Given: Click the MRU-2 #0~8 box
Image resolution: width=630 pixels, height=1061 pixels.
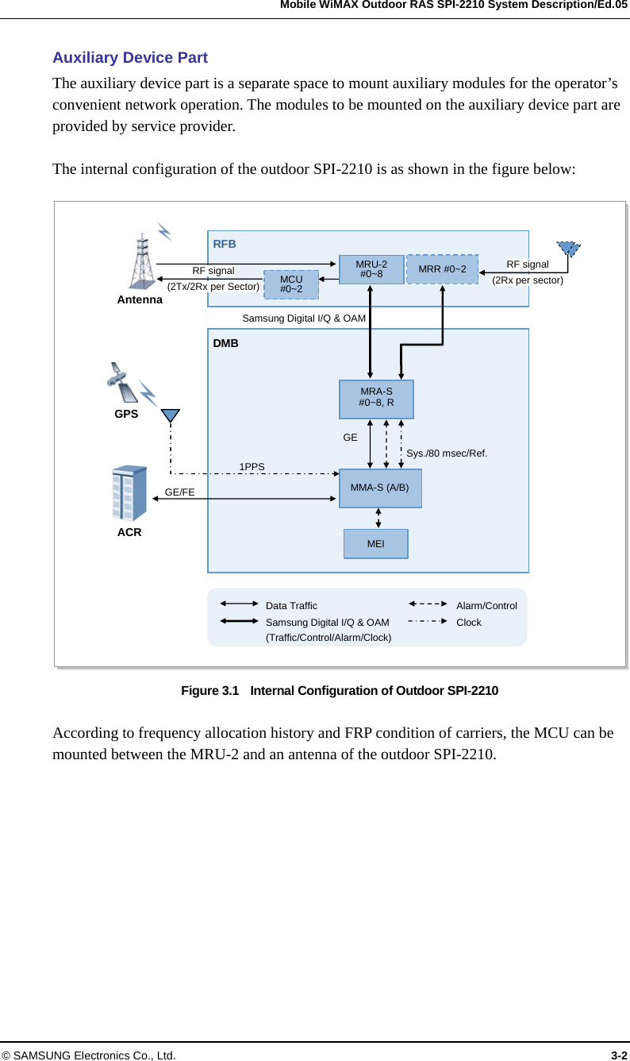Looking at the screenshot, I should [371, 269].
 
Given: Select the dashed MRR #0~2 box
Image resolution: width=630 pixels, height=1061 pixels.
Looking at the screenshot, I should [442, 269].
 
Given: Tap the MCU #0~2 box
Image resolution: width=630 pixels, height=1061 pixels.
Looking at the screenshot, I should [291, 284].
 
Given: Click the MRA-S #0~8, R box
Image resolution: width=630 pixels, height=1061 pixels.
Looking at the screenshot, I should [376, 399].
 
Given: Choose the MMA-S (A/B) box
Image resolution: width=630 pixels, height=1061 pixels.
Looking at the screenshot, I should [380, 488].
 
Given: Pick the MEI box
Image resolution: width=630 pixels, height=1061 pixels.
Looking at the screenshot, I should [375, 544].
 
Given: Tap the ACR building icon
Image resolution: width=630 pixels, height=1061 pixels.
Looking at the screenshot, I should [129, 493].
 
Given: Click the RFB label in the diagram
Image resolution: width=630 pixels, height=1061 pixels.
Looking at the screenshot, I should [225, 244].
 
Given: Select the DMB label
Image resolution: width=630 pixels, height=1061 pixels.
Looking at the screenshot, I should [225, 344].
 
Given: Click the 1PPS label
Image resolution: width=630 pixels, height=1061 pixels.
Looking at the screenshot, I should [252, 466].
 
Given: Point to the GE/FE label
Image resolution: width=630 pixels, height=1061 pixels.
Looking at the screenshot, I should [179, 492].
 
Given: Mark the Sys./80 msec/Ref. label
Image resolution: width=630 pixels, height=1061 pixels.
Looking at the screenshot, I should [447, 453].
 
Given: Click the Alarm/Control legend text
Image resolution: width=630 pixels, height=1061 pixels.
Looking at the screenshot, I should [486, 606].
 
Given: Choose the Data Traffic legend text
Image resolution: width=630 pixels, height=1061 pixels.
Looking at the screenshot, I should [291, 606].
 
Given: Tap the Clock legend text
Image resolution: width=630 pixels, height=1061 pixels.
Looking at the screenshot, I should [468, 623].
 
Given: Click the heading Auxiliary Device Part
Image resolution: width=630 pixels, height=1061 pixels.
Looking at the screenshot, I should [130, 58].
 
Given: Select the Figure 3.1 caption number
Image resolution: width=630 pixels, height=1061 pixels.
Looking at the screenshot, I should [209, 690].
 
